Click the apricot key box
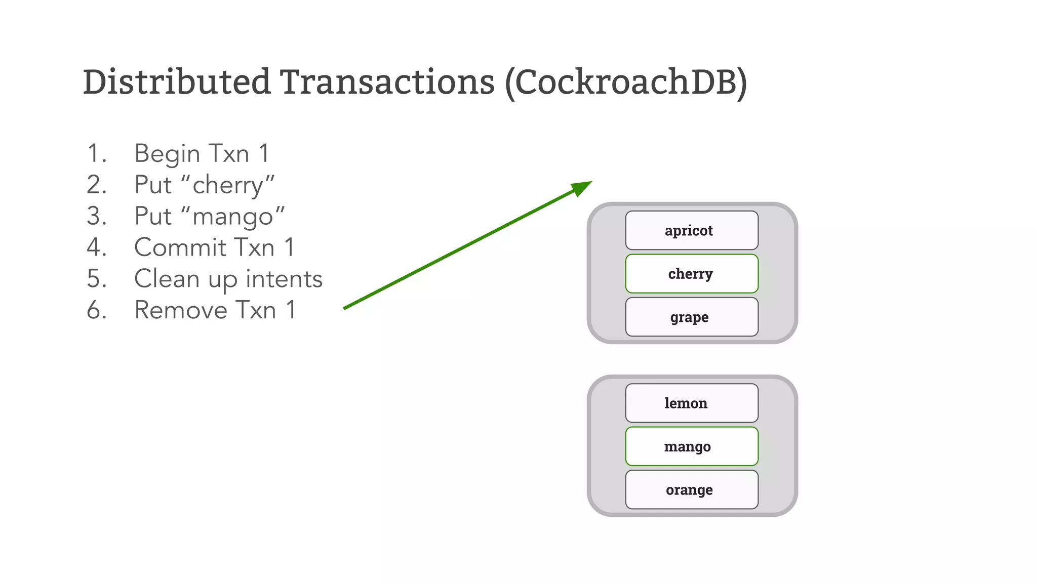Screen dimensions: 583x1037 click(x=692, y=230)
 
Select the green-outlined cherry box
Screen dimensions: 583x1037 click(x=692, y=274)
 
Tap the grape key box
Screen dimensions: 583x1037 click(x=692, y=317)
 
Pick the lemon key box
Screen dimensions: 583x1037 click(x=692, y=403)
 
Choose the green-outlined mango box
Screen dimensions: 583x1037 click(x=692, y=446)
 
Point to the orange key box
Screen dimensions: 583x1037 click(x=692, y=489)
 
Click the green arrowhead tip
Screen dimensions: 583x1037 click(x=589, y=183)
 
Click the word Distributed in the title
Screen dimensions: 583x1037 click(x=177, y=82)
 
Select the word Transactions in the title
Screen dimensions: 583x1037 click(x=387, y=82)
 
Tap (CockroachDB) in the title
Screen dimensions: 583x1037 click(x=626, y=83)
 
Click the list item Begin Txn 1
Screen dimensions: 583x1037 click(x=202, y=153)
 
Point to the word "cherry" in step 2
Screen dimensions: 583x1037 click(x=233, y=185)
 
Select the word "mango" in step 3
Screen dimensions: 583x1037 click(x=238, y=217)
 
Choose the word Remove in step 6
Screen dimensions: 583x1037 click(x=180, y=310)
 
